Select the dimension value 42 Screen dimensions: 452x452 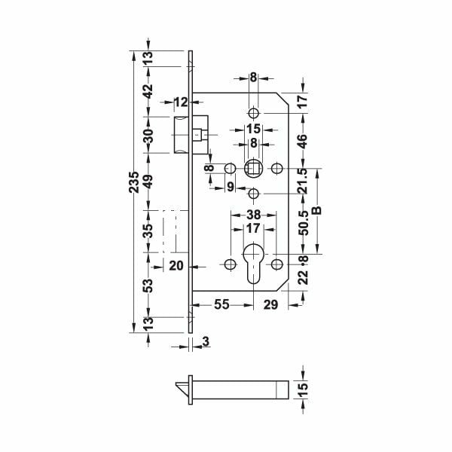(148, 92)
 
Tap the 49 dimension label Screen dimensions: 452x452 (148, 182)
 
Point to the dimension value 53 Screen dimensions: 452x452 (148, 286)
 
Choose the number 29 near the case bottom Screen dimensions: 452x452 (272, 304)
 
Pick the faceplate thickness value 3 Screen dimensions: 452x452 (206, 343)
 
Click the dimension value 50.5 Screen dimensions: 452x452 (303, 224)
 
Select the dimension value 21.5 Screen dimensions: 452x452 (303, 181)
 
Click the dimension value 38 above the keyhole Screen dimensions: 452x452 (253, 213)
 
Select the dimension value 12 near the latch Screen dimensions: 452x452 (181, 102)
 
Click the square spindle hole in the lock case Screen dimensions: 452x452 (254, 166)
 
